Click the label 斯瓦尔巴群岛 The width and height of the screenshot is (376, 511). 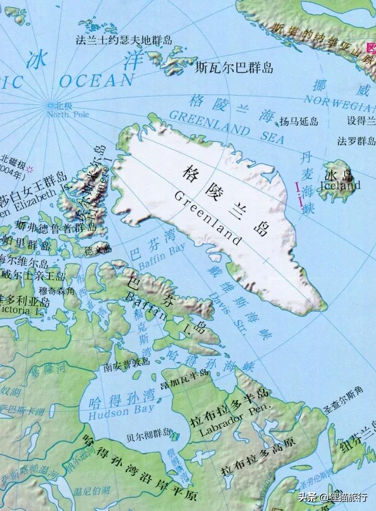(x=234, y=67)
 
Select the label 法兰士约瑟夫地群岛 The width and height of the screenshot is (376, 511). (x=124, y=40)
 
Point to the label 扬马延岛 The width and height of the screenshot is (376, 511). (x=298, y=122)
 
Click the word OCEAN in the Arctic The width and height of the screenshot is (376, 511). (x=96, y=80)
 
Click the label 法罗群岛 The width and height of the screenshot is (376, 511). (x=356, y=141)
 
